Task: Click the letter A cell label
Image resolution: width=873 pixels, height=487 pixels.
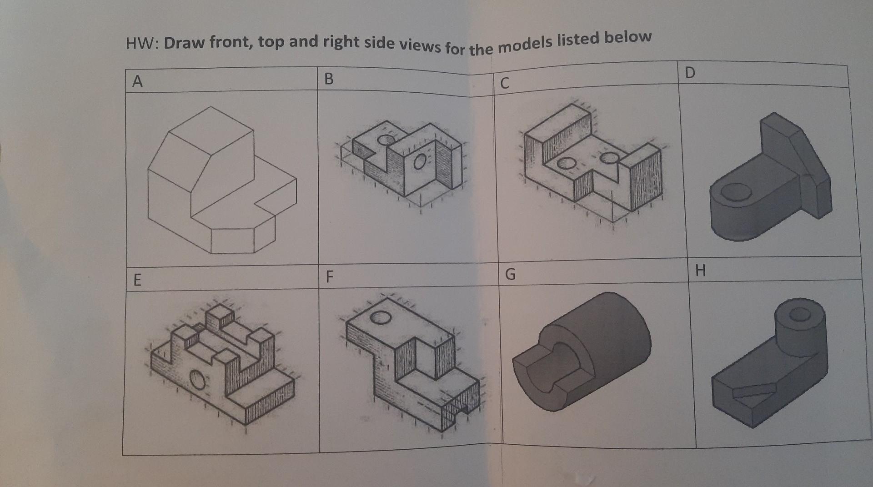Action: point(137,81)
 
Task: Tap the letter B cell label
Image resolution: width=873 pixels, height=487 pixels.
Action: point(329,79)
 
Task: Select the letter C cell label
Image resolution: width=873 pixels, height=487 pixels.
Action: point(504,83)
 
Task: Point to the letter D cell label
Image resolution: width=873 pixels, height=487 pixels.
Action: point(690,73)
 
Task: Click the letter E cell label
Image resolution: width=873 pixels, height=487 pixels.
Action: point(137,280)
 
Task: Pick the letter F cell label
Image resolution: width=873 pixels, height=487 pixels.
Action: point(330,276)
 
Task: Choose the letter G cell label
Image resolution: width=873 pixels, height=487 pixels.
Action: point(510,274)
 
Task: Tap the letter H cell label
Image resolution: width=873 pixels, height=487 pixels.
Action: point(700,271)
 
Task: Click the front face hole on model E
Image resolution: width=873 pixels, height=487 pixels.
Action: point(197,379)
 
